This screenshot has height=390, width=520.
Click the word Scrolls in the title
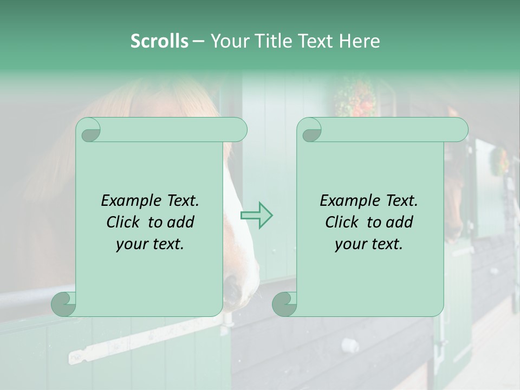159,41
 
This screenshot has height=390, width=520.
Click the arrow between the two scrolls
256,215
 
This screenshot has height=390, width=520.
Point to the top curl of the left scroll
88,129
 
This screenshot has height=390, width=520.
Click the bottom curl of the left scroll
64,304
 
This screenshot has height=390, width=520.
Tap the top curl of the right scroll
310,129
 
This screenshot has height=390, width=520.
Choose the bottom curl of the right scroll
284,304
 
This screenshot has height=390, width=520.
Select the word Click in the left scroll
125,222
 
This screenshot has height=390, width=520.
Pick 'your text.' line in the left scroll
150,244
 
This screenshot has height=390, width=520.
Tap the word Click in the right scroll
343,222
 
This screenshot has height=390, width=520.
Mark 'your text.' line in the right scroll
369,244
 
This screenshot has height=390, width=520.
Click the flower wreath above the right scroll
355,97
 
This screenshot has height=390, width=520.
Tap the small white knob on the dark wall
348,344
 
